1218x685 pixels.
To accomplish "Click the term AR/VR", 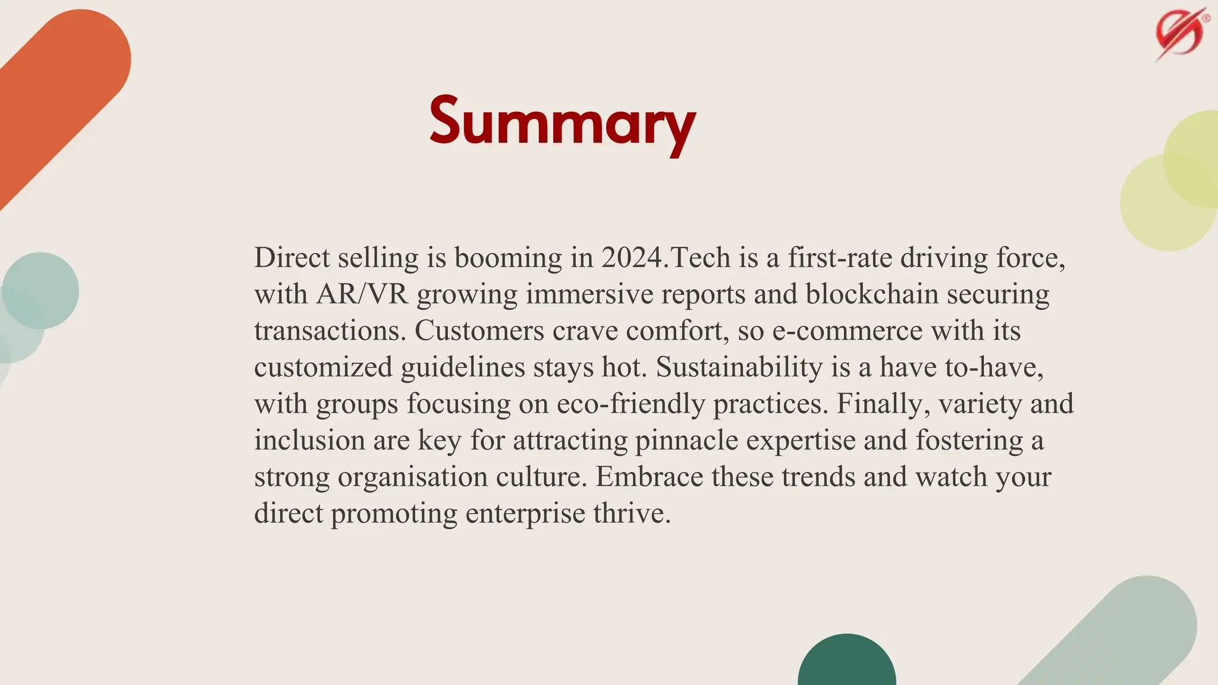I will point(362,294).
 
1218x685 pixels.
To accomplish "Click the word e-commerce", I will point(847,331).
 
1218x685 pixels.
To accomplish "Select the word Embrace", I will point(649,477).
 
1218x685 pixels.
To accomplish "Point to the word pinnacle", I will point(686,441).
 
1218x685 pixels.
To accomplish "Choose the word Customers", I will point(479,331).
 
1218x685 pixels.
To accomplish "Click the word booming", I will point(508,257).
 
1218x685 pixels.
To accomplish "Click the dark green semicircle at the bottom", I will point(847,663).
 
